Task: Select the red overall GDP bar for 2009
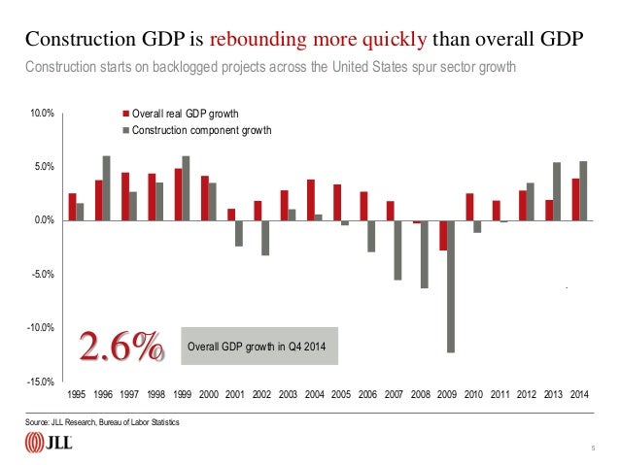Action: [x=442, y=236]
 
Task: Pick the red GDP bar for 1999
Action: [x=178, y=194]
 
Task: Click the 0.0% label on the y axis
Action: [x=42, y=221]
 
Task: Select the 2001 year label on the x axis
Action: [x=234, y=395]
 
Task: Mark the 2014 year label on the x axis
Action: [x=578, y=395]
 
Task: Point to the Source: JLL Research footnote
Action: [x=103, y=423]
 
